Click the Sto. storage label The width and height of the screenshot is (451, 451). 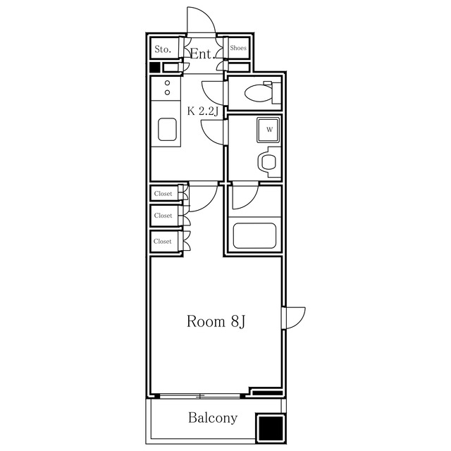163,49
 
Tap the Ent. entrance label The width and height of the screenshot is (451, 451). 203,54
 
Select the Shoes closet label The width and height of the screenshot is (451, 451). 238,48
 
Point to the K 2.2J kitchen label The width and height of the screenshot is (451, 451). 203,111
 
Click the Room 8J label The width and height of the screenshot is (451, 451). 216,321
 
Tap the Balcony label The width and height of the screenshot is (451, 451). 213,418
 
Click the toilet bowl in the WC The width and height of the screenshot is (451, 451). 259,93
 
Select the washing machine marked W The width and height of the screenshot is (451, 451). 268,130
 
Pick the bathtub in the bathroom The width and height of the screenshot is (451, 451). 254,236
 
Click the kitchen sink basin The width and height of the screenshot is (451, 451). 167,130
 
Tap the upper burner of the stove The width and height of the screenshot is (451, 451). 168,83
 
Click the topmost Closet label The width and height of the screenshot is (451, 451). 163,194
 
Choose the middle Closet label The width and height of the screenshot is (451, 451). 163,216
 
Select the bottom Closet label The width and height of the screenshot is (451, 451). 163,241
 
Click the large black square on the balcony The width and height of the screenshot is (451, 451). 271,428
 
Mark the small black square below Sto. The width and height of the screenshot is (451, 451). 155,68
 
